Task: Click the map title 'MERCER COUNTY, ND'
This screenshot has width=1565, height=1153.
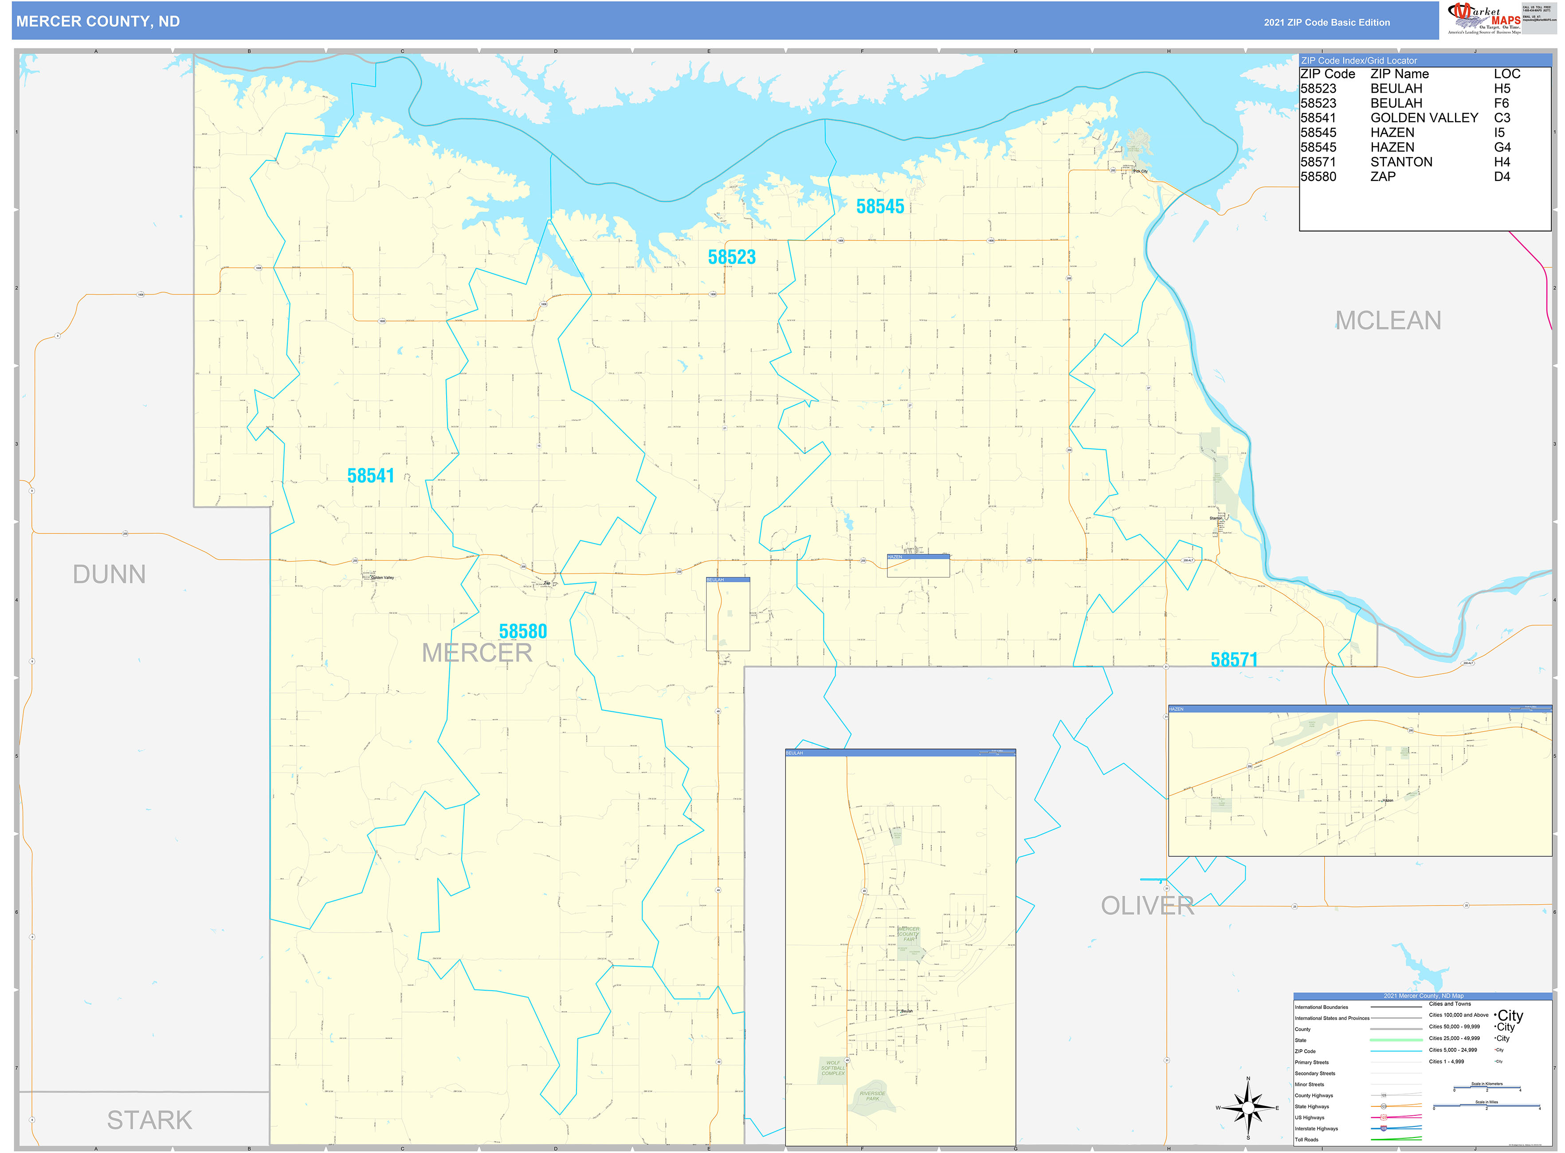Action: click(98, 22)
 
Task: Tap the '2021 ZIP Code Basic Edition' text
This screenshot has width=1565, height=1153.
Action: click(1326, 22)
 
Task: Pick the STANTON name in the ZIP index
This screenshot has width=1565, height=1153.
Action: click(1401, 162)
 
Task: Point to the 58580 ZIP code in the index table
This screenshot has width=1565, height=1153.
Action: click(1318, 176)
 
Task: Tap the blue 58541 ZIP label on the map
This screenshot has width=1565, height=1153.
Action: click(371, 476)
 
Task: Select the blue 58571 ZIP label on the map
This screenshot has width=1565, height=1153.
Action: click(1233, 659)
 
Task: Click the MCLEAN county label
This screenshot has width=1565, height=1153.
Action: click(1388, 320)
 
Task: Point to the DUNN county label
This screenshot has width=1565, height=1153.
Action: click(110, 574)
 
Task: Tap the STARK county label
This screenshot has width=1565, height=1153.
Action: click(149, 1120)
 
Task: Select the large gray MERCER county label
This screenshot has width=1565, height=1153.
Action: click(477, 653)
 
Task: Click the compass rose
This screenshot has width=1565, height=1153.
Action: click(1248, 1108)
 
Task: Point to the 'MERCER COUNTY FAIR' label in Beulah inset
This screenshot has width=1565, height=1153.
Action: click(908, 934)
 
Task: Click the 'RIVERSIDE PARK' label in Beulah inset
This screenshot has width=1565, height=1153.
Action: click(873, 1096)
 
